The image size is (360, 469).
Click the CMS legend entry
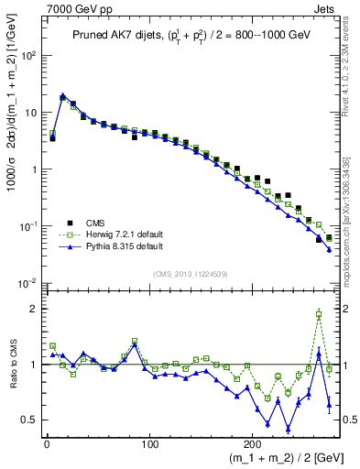coord(96,222)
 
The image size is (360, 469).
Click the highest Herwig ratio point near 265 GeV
coord(319,314)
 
